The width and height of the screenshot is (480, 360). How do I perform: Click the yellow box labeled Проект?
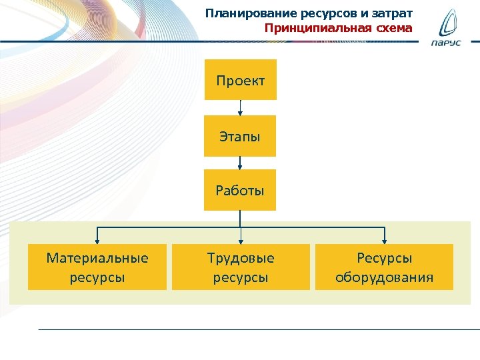[x=240, y=81]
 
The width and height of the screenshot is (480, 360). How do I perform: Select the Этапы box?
[x=240, y=137]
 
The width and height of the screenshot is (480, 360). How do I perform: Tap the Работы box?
[x=240, y=191]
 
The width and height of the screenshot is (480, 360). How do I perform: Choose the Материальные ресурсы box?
[x=97, y=267]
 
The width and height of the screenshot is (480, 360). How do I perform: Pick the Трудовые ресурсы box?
[x=241, y=267]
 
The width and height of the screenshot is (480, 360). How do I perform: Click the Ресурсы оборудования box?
[x=384, y=267]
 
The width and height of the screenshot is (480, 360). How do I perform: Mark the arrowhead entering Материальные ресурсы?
[x=97, y=241]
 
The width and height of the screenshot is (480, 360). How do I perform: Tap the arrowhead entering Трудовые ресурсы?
[x=240, y=241]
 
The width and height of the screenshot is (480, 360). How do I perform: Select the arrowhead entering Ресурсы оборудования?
[x=384, y=241]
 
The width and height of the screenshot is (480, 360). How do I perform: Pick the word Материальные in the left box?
[x=97, y=258]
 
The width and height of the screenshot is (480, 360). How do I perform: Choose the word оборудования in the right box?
[x=384, y=277]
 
